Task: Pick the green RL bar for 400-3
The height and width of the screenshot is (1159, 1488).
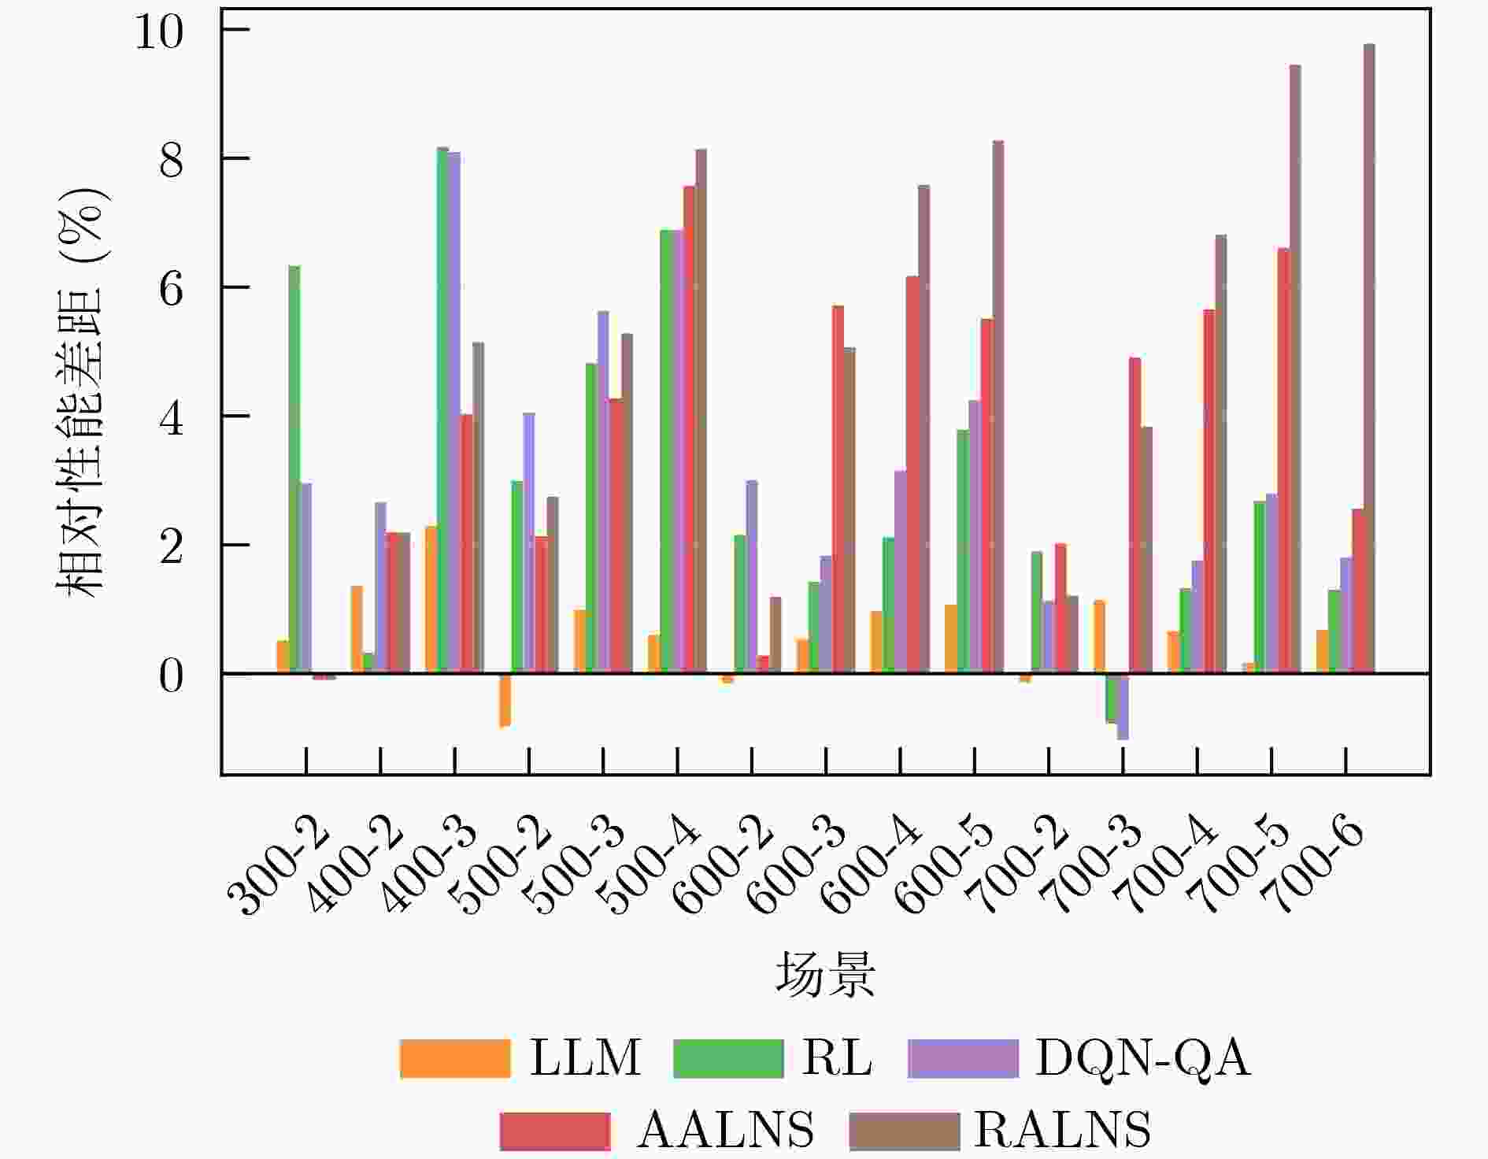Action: [x=443, y=409]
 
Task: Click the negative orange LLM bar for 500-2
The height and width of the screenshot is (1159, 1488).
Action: [x=505, y=700]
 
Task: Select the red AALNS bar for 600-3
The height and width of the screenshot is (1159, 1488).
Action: [x=838, y=489]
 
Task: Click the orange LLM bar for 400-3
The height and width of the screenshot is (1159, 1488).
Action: [x=431, y=599]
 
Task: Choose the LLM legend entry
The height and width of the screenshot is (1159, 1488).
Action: [x=520, y=1057]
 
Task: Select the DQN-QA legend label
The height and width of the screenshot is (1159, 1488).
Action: [x=1142, y=1057]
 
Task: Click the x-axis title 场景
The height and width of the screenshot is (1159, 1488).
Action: [x=825, y=974]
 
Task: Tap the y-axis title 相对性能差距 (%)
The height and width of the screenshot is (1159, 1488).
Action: [x=80, y=391]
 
